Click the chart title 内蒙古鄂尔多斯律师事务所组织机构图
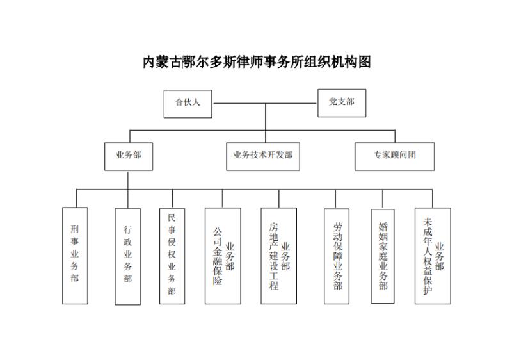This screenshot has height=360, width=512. click(x=257, y=61)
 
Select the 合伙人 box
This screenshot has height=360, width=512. click(x=188, y=104)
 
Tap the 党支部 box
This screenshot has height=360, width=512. click(x=342, y=103)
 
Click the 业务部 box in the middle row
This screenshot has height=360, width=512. click(x=129, y=156)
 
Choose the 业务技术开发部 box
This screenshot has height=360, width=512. click(x=263, y=156)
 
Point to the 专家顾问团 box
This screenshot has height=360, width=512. click(x=394, y=156)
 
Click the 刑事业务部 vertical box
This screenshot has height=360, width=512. click(x=75, y=256)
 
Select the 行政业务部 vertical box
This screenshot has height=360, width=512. click(x=127, y=257)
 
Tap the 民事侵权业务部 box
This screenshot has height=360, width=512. click(x=172, y=256)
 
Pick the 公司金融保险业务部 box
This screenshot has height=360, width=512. click(x=223, y=256)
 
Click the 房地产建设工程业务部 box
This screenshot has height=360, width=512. click(x=279, y=256)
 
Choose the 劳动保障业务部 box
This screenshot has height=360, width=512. click(x=337, y=256)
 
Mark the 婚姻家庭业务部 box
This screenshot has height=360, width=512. click(x=383, y=256)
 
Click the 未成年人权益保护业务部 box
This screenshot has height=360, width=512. click(x=433, y=256)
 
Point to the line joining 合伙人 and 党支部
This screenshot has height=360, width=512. click(x=265, y=104)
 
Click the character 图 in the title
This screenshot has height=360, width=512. click(x=365, y=62)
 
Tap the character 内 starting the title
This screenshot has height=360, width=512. click(x=149, y=62)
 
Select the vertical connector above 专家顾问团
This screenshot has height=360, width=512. click(x=395, y=136)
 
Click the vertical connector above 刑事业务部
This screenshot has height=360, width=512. click(x=77, y=199)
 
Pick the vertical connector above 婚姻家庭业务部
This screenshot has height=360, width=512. click(x=383, y=199)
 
